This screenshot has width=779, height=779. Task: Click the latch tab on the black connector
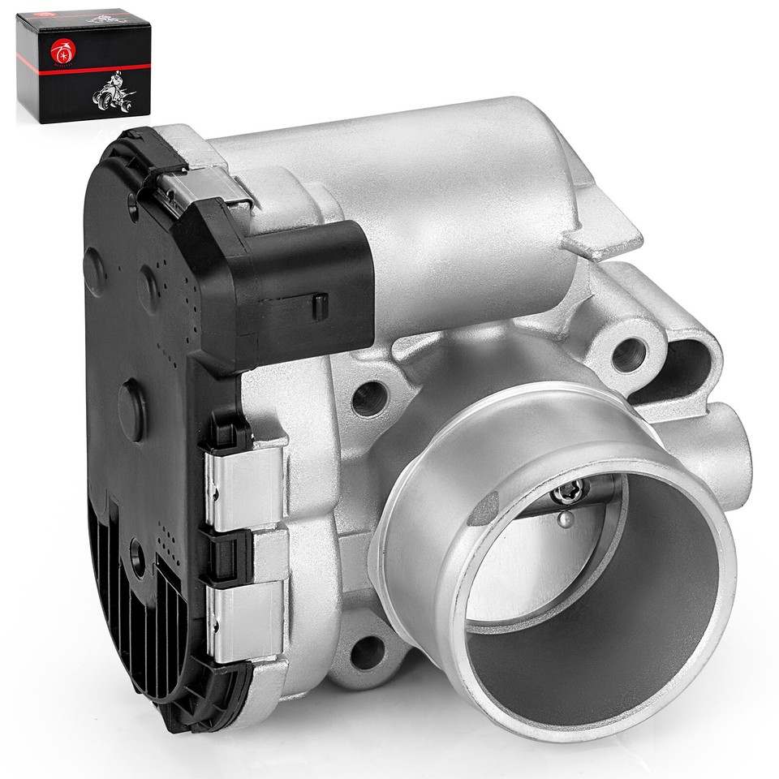point(319,307)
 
